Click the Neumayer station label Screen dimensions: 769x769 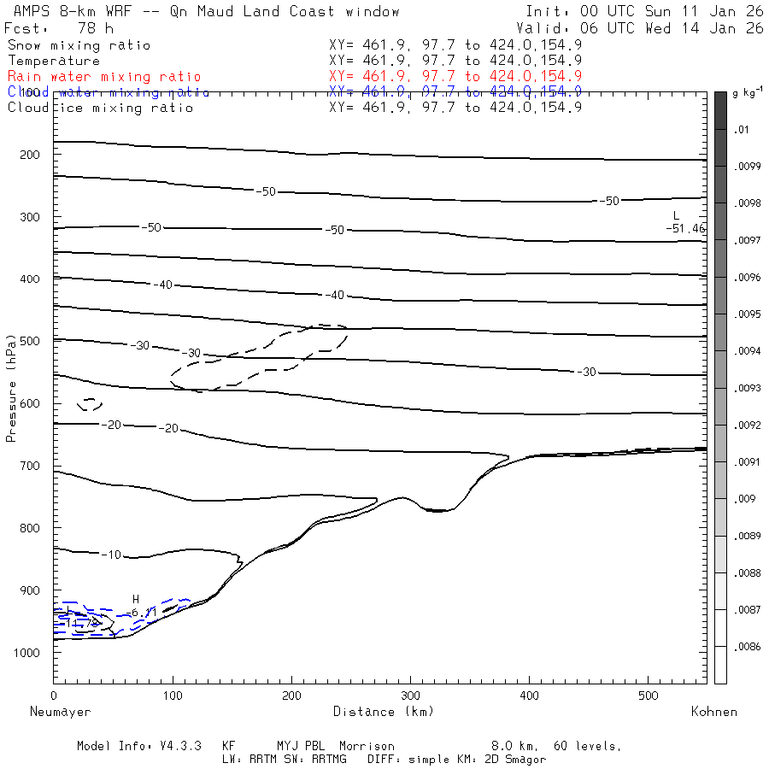click(x=60, y=711)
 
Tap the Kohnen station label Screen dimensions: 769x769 click(x=714, y=711)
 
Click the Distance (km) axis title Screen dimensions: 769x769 click(x=383, y=711)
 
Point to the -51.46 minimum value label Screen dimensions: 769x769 click(x=685, y=228)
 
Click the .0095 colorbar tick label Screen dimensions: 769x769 click(x=748, y=314)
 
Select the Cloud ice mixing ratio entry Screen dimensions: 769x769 click(x=100, y=108)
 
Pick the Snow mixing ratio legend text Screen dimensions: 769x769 click(x=79, y=45)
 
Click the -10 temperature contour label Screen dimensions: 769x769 click(x=111, y=555)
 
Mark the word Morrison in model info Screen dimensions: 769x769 click(x=367, y=746)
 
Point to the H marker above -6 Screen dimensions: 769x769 click(x=135, y=599)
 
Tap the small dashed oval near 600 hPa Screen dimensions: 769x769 click(x=89, y=404)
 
